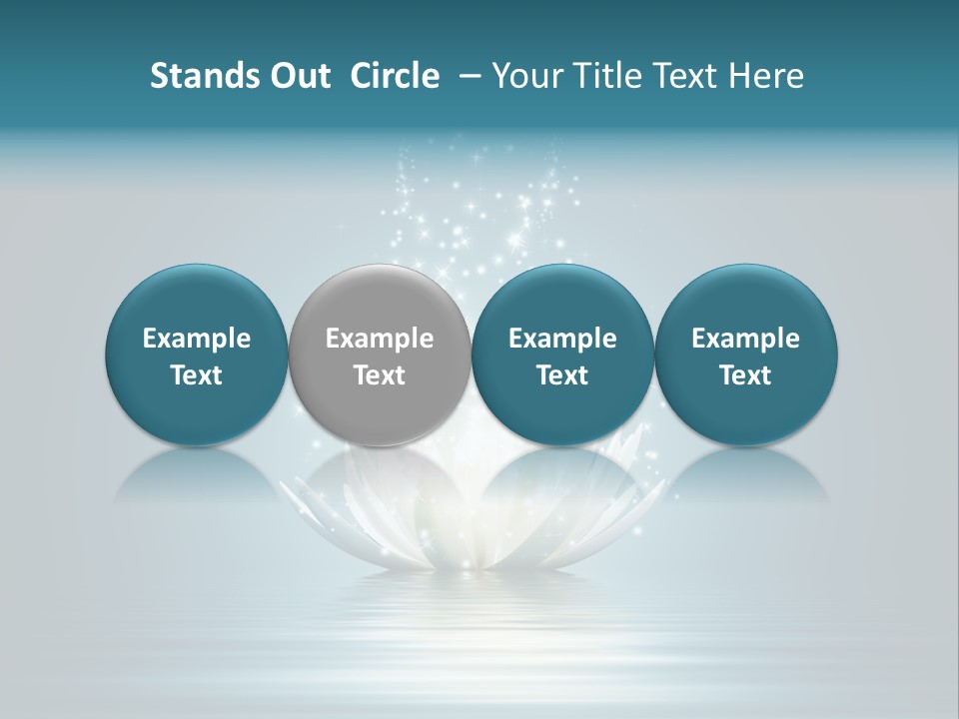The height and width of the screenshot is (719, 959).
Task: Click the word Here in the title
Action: coord(766,76)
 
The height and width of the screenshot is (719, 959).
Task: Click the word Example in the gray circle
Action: coord(380,339)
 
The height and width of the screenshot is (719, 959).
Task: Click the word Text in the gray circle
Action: coord(380,375)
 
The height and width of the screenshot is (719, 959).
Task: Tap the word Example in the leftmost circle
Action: coord(196,339)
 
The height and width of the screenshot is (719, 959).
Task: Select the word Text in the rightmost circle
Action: coord(746,375)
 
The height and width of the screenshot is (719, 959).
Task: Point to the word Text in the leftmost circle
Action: coord(196,375)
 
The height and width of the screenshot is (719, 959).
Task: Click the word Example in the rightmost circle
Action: coord(746,339)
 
